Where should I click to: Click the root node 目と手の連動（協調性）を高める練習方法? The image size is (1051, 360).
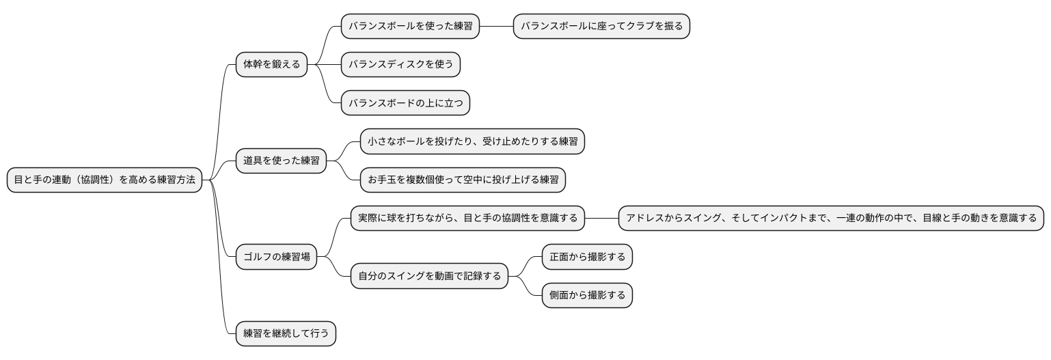(105, 180)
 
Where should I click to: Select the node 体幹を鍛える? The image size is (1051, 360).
(271, 65)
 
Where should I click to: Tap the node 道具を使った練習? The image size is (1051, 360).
(281, 161)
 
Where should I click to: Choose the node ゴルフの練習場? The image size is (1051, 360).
(276, 258)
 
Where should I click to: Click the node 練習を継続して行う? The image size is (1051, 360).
(286, 334)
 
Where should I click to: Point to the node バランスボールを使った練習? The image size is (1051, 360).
(410, 27)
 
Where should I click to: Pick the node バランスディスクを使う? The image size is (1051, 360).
(400, 65)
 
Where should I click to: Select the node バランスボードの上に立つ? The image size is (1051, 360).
(405, 103)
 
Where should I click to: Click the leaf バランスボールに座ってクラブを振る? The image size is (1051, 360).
(601, 27)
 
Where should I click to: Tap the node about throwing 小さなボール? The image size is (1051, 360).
(472, 142)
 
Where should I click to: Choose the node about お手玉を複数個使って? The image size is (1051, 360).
(463, 180)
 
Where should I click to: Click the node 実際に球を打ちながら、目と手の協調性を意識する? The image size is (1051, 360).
(467, 219)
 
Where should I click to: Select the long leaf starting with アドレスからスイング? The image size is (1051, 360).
(831, 219)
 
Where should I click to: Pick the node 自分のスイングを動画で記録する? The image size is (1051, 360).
(429, 277)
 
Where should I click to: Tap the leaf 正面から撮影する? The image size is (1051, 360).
(587, 258)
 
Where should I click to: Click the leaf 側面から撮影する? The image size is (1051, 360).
(587, 296)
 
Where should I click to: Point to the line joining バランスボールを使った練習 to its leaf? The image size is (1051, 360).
(496, 27)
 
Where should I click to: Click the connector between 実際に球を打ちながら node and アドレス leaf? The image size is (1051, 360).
(601, 219)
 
